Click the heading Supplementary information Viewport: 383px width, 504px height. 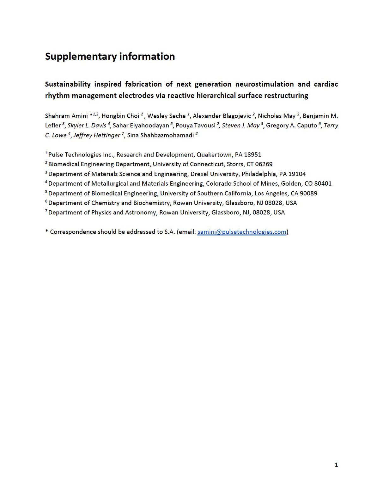(110, 56)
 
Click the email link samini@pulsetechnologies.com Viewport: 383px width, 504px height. (242, 232)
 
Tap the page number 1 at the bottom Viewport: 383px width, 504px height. (336, 465)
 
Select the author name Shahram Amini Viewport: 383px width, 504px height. (66, 116)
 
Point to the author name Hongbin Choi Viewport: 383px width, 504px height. (120, 116)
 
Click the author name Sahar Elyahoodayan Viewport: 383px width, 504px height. (141, 126)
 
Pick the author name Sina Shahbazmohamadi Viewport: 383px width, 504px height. (160, 135)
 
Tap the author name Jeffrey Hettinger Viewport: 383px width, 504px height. (97, 135)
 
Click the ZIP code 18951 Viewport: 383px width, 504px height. (253, 155)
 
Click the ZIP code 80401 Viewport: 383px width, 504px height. (323, 183)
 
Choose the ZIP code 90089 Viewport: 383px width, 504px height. (308, 193)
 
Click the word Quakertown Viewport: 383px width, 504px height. (214, 155)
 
